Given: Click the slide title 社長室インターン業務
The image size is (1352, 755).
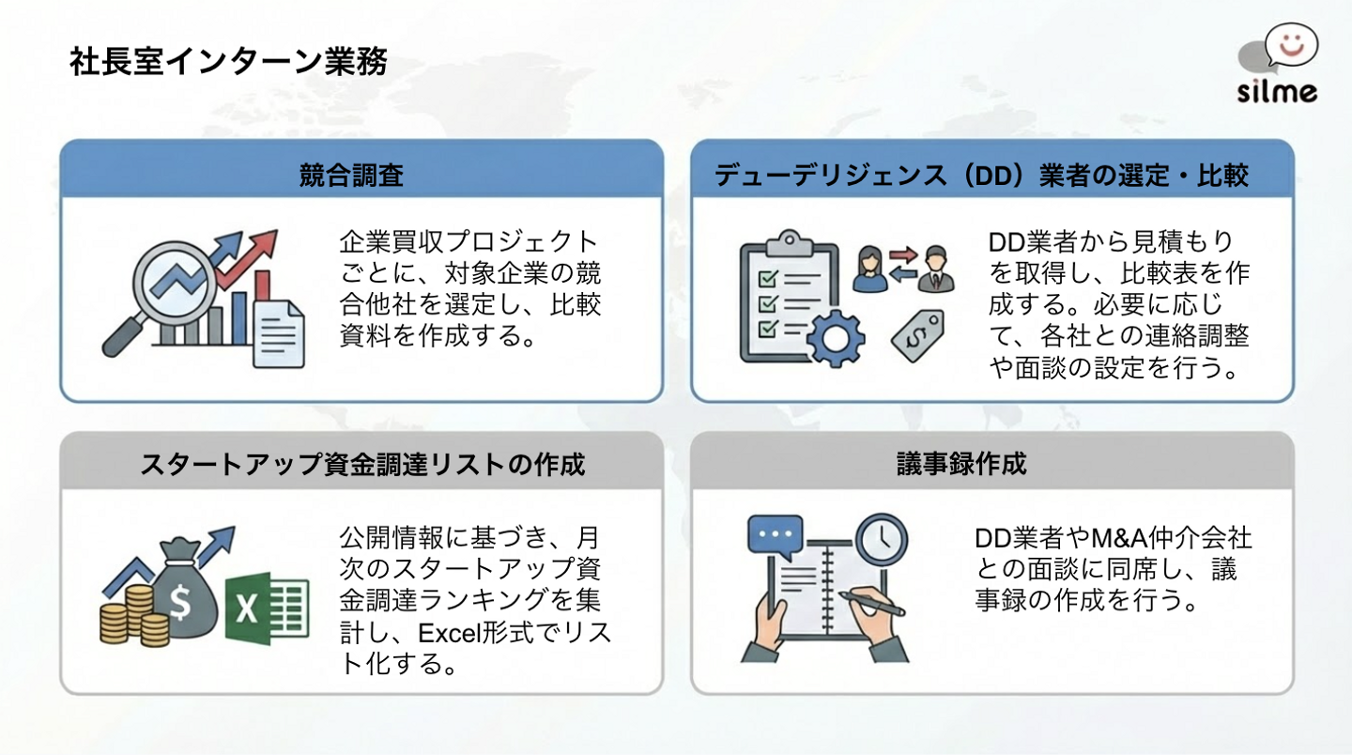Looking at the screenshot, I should point(227,63).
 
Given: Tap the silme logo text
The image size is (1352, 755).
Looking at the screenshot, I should point(1276,91).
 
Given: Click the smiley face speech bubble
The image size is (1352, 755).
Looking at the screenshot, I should point(1291,43).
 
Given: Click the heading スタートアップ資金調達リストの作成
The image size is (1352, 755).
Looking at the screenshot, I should point(362,464).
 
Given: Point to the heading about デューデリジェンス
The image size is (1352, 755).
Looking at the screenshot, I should point(981,175).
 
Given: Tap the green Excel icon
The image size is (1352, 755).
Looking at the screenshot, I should point(267,607).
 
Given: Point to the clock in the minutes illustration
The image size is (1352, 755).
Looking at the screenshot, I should point(880,538).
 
